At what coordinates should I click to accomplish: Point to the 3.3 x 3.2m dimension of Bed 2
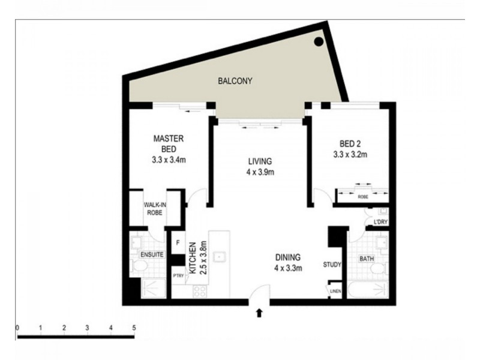[x=350, y=155]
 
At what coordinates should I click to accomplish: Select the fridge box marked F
[x=178, y=243]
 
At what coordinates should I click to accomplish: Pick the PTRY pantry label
[x=178, y=275]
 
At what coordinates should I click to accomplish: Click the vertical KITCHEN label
[x=193, y=257]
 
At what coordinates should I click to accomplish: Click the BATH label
[x=367, y=259]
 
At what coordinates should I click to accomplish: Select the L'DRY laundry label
[x=379, y=223]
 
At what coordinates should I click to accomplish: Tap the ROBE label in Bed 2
[x=363, y=195]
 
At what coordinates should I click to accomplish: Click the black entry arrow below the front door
[x=259, y=311]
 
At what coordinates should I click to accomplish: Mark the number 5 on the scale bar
[x=134, y=327]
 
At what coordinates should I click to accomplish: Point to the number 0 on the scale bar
[x=18, y=327]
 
